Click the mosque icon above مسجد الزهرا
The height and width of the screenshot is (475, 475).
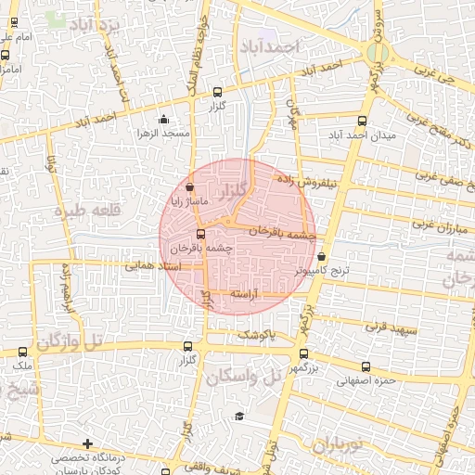pyautogui.click(x=164, y=119)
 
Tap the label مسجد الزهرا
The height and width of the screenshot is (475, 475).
pyautogui.click(x=164, y=134)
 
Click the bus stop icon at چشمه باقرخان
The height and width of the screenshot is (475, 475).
pyautogui.click(x=199, y=233)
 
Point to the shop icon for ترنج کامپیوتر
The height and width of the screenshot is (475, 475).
pyautogui.click(x=322, y=257)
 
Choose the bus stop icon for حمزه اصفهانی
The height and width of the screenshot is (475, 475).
pyautogui.click(x=366, y=366)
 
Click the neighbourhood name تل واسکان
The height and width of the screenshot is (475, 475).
pyautogui.click(x=244, y=375)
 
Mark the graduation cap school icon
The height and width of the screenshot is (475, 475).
pyautogui.click(x=239, y=415)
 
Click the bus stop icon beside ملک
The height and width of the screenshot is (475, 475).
pyautogui.click(x=23, y=352)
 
